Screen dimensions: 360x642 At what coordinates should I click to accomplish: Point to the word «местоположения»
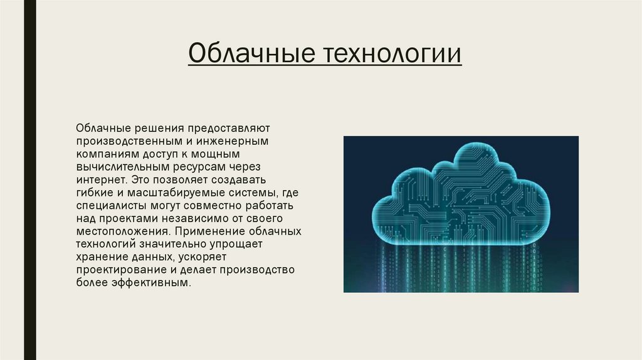pyautogui.click(x=119, y=231)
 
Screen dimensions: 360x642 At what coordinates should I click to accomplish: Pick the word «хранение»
pyautogui.click(x=100, y=257)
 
